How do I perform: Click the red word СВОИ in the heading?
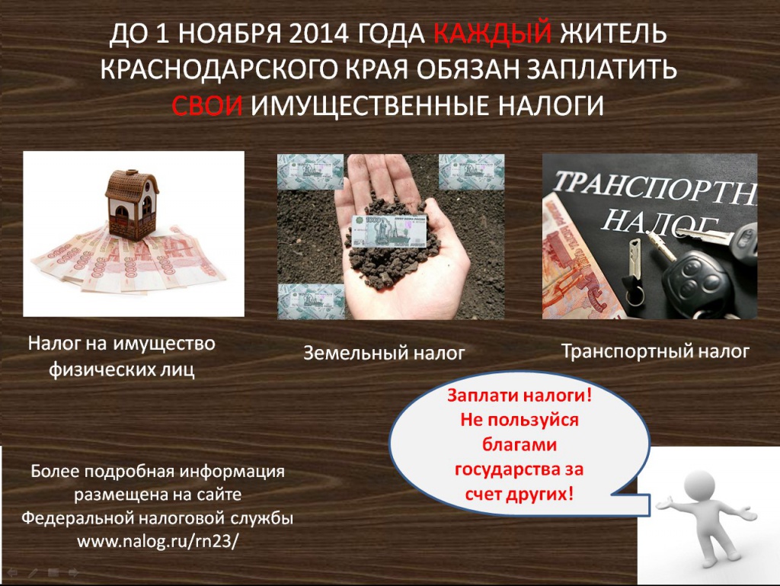click(207, 105)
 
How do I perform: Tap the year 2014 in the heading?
click(318, 34)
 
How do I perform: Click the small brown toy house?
click(131, 204)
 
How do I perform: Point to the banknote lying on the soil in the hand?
click(389, 231)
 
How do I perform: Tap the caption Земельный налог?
click(384, 353)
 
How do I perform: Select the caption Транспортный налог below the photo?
click(655, 351)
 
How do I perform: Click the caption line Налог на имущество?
click(122, 343)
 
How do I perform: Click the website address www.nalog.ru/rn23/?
click(158, 541)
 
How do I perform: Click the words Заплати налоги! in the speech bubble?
click(519, 395)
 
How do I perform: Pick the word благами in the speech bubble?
click(519, 444)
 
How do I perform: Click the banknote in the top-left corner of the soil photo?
click(311, 171)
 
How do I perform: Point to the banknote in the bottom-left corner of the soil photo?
click(311, 302)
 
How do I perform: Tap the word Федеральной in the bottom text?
click(76, 518)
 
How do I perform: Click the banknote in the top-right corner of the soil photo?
click(471, 171)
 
